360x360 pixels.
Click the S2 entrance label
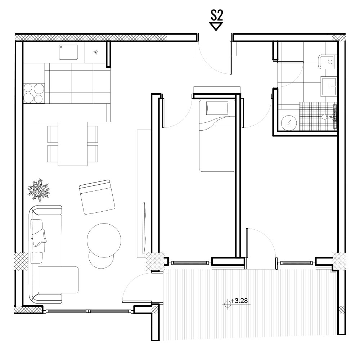tap(216, 15)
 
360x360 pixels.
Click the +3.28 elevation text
tap(239, 301)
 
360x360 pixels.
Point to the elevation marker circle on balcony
tap(228, 304)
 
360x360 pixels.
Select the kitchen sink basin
tap(68, 52)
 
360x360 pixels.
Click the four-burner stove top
tap(34, 93)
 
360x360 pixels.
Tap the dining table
tap(73, 144)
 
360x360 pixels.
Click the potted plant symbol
tap(39, 190)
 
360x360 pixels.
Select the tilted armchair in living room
tap(97, 197)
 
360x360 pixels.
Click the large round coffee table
tap(104, 240)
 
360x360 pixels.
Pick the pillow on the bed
tap(217, 108)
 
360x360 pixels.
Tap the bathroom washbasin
tap(329, 86)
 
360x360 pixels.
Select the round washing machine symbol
tap(289, 123)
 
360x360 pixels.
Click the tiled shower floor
tap(318, 116)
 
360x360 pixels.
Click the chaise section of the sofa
tap(58, 280)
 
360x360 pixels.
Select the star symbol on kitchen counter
tap(96, 52)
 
